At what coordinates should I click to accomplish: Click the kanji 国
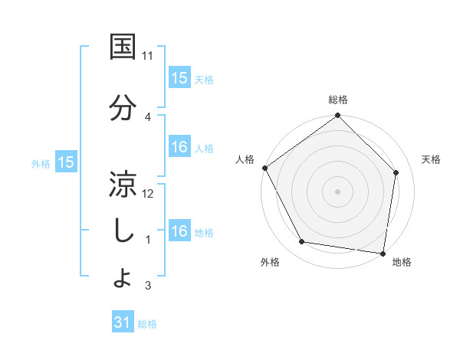tap(124, 47)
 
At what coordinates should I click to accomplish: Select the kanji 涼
tap(124, 184)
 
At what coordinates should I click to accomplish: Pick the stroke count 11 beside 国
tap(148, 56)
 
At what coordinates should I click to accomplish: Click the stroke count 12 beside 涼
tap(148, 193)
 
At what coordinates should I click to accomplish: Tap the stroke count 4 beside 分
tap(148, 117)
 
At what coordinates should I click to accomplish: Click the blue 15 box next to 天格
tap(179, 78)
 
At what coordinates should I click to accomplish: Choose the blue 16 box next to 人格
tap(179, 148)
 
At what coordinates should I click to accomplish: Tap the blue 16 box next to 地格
tap(179, 231)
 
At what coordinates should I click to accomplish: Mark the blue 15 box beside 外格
tap(65, 162)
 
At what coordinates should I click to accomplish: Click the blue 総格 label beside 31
tap(147, 324)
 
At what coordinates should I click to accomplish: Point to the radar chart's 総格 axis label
tap(338, 100)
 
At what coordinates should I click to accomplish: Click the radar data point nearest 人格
tap(264, 168)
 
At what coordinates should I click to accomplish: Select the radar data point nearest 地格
tap(383, 253)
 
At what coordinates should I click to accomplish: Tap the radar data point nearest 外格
tap(302, 242)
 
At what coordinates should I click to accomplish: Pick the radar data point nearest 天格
tap(396, 172)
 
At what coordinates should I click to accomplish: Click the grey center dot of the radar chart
tap(338, 191)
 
